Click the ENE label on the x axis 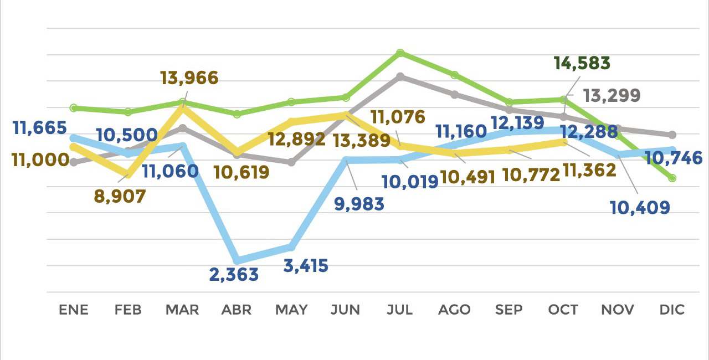(74, 310)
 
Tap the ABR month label (237, 310)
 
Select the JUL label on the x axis (400, 310)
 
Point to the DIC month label (672, 310)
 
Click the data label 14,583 (582, 63)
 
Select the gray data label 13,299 (612, 96)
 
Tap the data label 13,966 (189, 78)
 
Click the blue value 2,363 (234, 274)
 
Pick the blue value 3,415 (305, 265)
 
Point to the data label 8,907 (120, 196)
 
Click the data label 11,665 (40, 128)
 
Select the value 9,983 (359, 204)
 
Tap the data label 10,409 (640, 208)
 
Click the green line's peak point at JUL (400, 53)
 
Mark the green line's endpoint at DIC (672, 178)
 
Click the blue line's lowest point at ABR (237, 260)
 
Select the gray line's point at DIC (672, 135)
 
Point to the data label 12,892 (297, 138)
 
